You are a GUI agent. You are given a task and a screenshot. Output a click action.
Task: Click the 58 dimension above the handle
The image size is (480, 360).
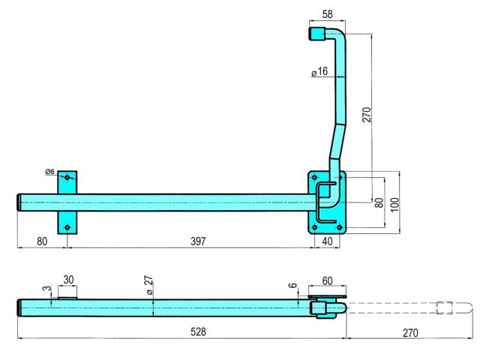coord(327,14)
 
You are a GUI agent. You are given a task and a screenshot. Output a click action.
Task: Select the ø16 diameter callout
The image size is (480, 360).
coord(319,72)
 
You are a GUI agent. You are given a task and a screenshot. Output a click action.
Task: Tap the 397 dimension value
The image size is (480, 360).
coord(198,241)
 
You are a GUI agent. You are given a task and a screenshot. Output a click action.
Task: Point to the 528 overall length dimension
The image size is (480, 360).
coord(198,331)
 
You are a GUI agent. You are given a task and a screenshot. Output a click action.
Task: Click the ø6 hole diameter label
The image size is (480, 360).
coord(50,172)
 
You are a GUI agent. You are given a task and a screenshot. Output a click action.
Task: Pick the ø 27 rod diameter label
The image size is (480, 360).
coord(148,285)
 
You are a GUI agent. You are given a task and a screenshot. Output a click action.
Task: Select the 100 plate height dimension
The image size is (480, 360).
coord(395,205)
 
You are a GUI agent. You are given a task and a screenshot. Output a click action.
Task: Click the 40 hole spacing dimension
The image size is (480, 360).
coord(327,241)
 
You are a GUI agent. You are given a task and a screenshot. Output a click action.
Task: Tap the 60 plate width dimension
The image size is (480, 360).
coord(327,280)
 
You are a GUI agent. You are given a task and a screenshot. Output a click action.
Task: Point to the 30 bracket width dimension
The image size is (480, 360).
coord(68,280)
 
